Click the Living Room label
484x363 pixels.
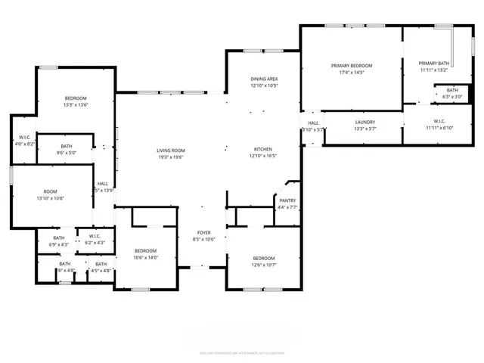point(171,150)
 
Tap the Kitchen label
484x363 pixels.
point(263,149)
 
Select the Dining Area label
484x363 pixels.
point(264,79)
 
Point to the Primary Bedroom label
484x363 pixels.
point(352,66)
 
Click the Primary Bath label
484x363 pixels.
point(434,63)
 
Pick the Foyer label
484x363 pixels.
point(204,232)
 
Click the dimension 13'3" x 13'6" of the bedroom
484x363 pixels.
point(76,106)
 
